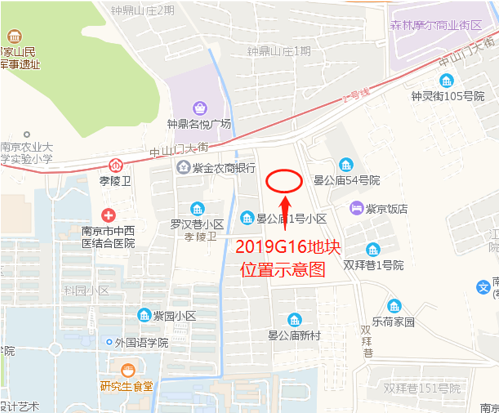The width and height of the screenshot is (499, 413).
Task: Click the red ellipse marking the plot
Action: [284, 181]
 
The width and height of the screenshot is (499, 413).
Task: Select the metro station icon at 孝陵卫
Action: [116, 166]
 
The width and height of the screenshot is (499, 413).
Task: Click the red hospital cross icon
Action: [108, 215]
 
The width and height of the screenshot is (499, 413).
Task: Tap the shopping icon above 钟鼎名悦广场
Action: [199, 109]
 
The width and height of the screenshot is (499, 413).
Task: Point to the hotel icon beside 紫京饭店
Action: [356, 208]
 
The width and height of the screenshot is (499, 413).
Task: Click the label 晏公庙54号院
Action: [347, 181]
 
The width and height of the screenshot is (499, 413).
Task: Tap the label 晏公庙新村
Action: [295, 336]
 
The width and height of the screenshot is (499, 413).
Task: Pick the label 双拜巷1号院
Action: [373, 265]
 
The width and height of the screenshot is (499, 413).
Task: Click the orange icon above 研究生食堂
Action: [127, 371]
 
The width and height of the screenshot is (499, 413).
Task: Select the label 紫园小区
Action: [174, 316]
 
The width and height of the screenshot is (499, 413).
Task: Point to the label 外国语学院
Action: [142, 342]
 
